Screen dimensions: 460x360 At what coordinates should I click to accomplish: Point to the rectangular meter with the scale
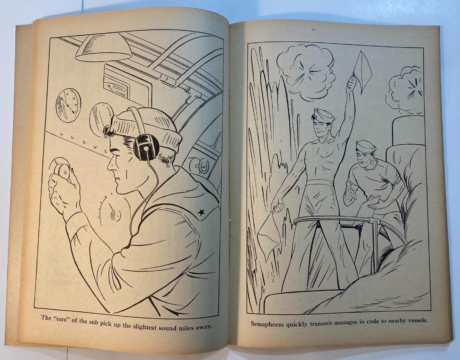click(x=122, y=86)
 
